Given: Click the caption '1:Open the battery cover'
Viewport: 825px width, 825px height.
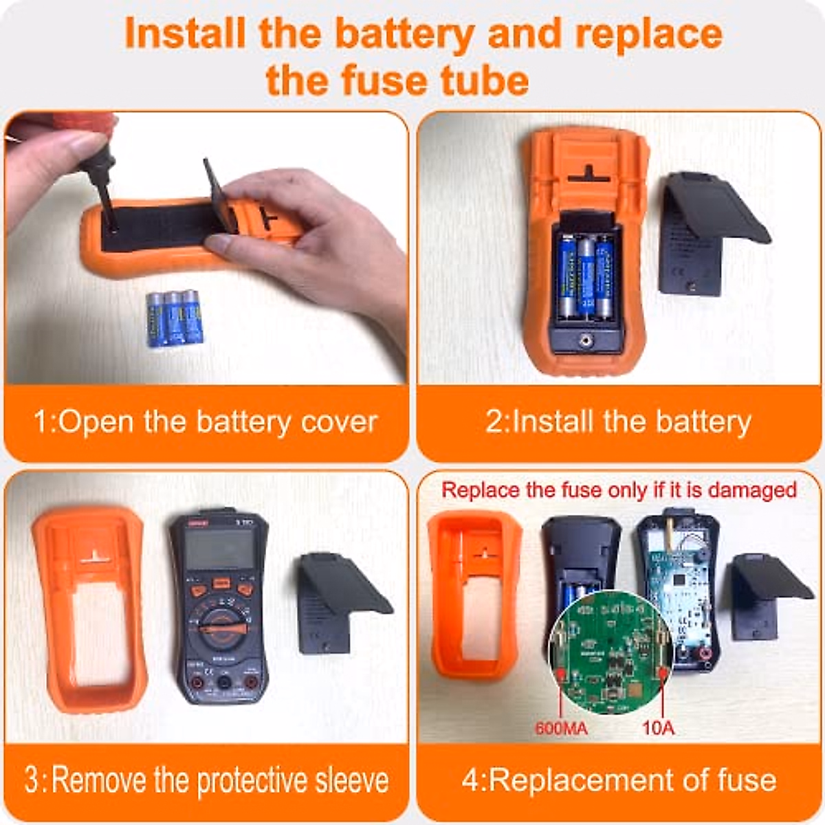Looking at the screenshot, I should [x=206, y=421].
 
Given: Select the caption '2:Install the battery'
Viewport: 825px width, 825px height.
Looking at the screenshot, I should [x=618, y=421].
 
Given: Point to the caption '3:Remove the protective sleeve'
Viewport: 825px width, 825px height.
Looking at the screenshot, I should [x=206, y=780].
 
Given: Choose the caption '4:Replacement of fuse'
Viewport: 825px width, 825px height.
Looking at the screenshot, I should [x=618, y=780].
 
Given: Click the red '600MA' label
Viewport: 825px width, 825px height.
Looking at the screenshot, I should [x=561, y=728].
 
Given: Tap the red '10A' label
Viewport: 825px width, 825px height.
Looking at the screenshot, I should [x=658, y=728].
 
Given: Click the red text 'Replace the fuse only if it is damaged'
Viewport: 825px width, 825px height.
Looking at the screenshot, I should [x=618, y=490].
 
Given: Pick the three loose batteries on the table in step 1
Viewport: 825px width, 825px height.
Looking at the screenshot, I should [x=175, y=318].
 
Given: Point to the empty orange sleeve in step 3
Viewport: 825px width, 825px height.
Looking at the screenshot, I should [x=89, y=605].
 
